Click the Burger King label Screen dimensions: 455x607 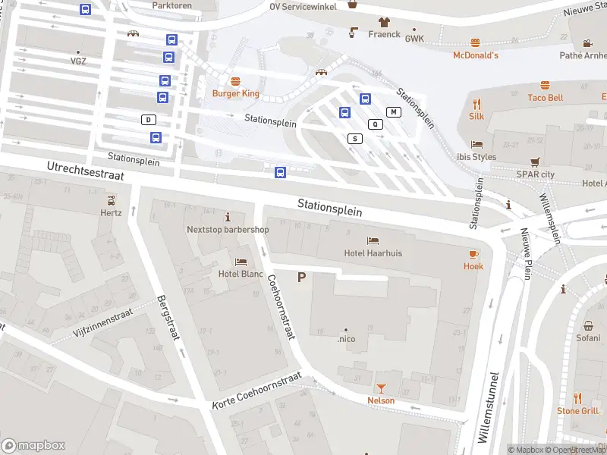click(235, 93)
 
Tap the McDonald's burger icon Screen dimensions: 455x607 click(476, 43)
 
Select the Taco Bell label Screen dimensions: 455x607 click(545, 98)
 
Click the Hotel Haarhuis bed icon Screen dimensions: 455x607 click(373, 241)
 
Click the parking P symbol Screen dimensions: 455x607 click(301, 278)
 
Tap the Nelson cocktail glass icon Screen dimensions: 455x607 click(381, 388)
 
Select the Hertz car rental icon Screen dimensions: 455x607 click(112, 200)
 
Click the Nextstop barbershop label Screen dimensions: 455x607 click(228, 230)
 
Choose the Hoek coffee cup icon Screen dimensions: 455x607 click(473, 254)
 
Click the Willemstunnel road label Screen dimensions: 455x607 click(490, 407)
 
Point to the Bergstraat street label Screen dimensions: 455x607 click(168, 317)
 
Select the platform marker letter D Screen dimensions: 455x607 click(149, 120)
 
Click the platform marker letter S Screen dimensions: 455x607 click(354, 139)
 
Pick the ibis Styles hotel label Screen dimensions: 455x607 click(476, 157)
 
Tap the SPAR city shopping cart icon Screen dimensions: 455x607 click(536, 162)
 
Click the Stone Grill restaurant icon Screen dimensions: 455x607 click(577, 398)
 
